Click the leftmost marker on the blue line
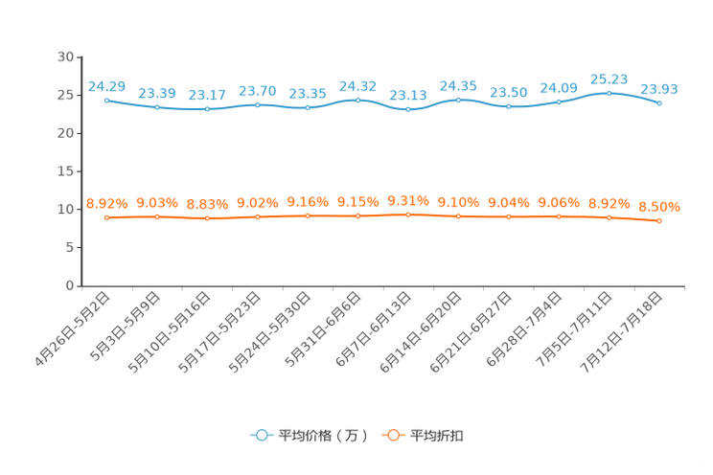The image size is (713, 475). point(106,100)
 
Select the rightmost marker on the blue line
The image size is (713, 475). point(659,102)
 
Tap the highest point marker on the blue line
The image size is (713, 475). point(609,93)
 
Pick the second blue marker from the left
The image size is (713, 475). point(157,106)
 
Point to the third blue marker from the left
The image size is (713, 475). point(207,108)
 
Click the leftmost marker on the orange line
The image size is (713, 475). point(106,217)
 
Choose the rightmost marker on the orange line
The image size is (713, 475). point(659,220)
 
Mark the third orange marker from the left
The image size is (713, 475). point(207,218)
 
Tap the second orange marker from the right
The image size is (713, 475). point(609,216)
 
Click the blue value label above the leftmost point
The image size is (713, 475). point(106,86)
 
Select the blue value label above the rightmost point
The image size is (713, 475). point(659,89)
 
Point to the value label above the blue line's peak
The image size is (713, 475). point(609,79)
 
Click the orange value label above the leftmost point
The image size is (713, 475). point(106,203)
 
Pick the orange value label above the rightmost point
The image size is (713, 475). point(659,207)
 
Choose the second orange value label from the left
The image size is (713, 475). point(157,203)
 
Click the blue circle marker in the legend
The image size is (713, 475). point(261,435)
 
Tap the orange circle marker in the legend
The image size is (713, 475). point(392,435)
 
